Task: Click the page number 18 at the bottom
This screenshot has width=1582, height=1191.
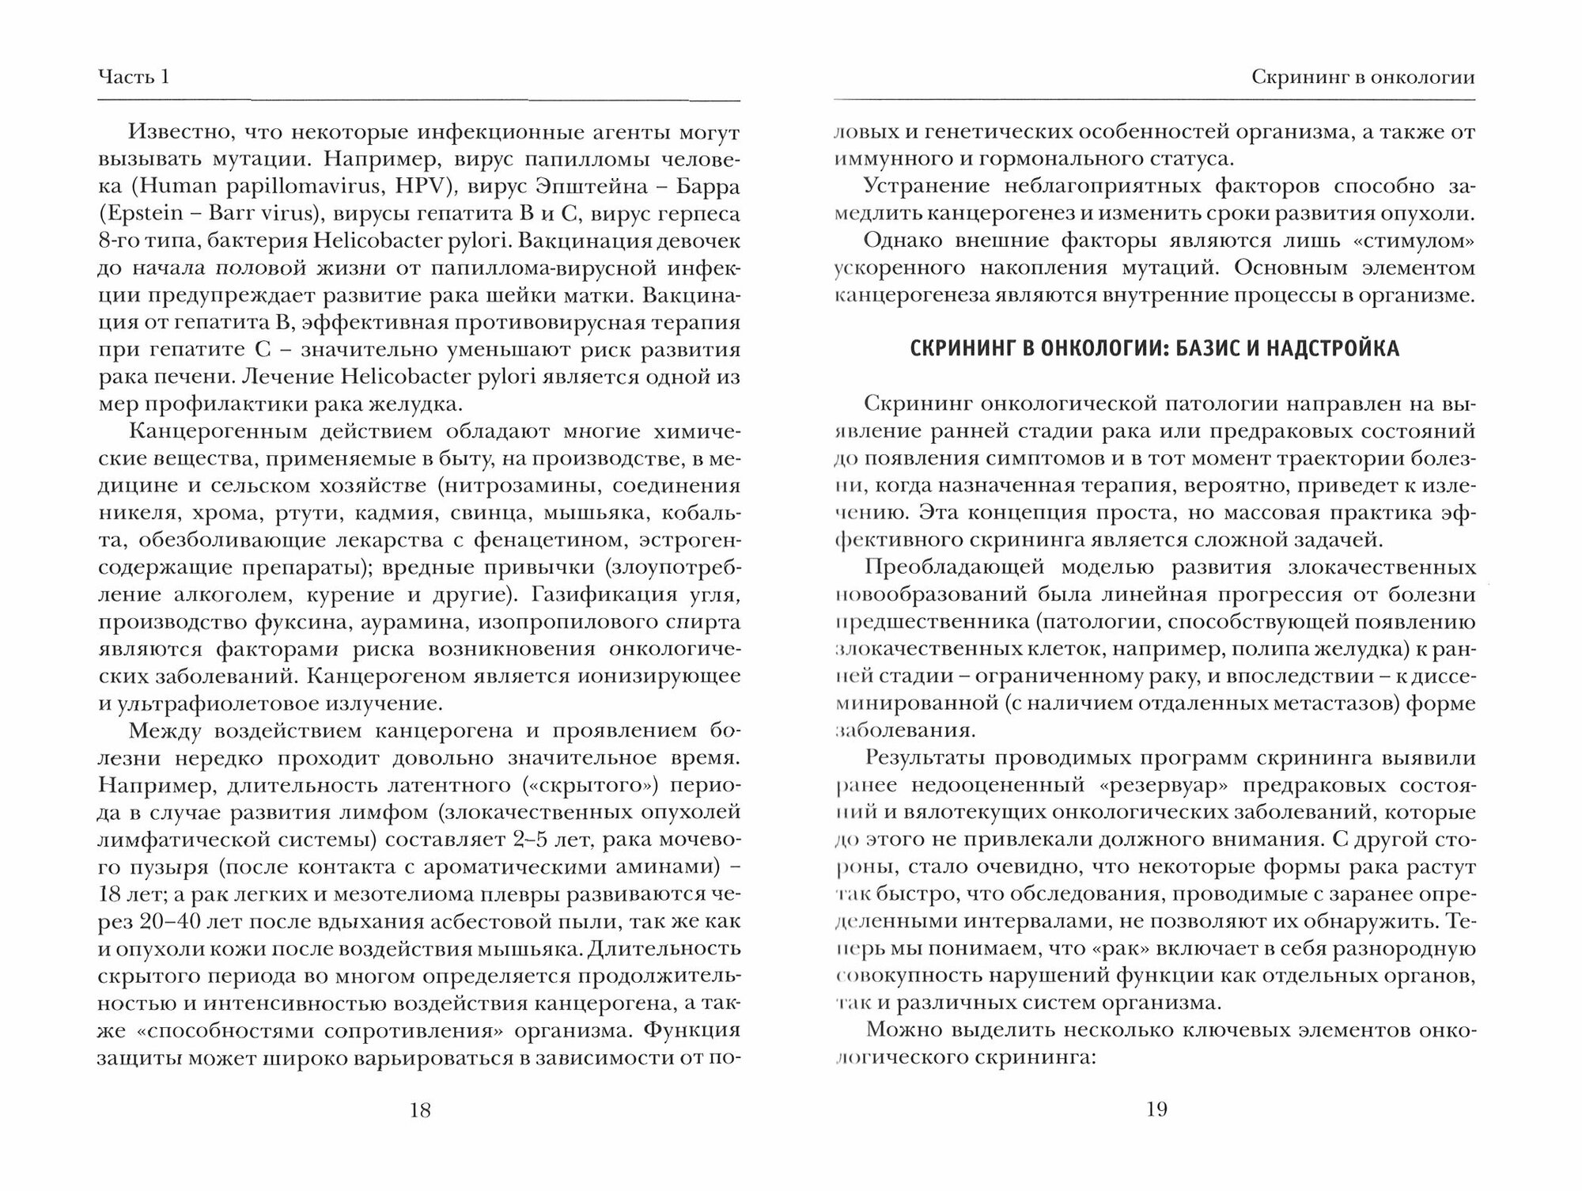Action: pos(421,1110)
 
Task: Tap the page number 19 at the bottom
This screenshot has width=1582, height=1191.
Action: pos(1156,1110)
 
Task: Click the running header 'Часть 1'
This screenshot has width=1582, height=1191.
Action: pos(134,78)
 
